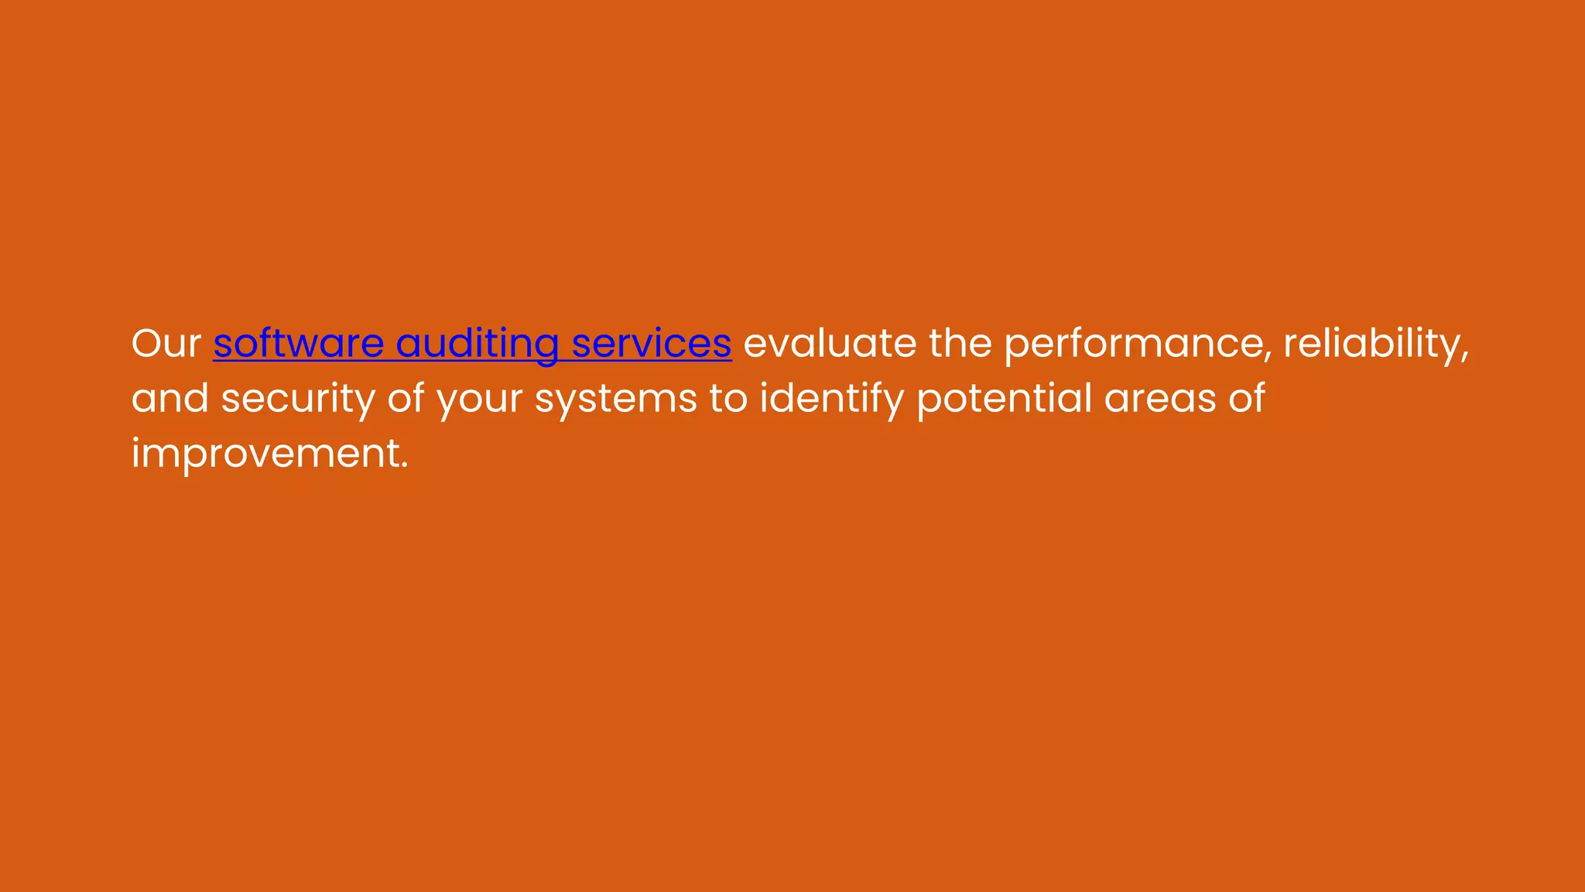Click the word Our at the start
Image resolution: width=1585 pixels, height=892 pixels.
pyautogui.click(x=166, y=343)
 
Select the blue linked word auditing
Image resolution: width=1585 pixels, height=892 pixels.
pyautogui.click(x=477, y=343)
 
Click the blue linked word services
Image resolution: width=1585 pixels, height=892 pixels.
pyautogui.click(x=651, y=343)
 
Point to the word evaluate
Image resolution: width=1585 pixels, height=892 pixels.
pyautogui.click(x=830, y=343)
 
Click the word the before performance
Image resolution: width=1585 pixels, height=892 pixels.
pyautogui.click(x=960, y=343)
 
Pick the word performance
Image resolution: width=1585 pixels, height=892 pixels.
pyautogui.click(x=1133, y=343)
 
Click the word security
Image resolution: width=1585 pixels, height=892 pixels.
pyautogui.click(x=298, y=398)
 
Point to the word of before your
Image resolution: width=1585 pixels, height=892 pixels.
pyautogui.click(x=406, y=398)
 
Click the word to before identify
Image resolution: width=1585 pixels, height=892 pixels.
pyautogui.click(x=728, y=398)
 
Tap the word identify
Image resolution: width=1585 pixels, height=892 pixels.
pyautogui.click(x=832, y=398)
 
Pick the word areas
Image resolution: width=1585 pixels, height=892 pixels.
pyautogui.click(x=1160, y=398)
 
